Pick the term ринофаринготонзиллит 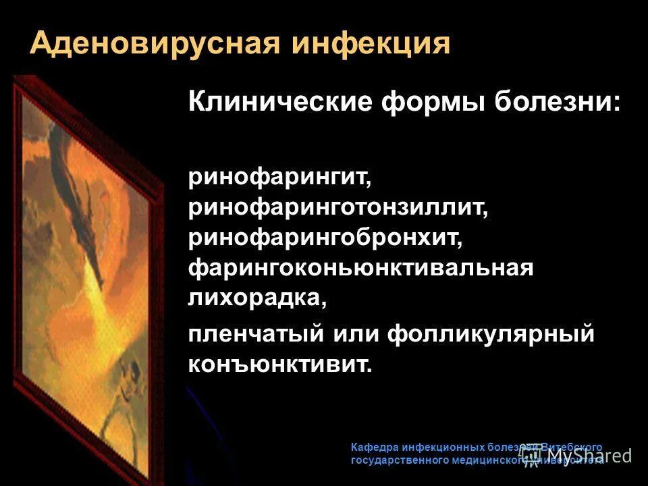coord(337,209)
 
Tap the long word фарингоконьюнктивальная coord(361,268)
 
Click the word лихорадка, coord(257,297)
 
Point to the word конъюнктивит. coord(280,364)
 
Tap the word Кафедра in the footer coord(375,448)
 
